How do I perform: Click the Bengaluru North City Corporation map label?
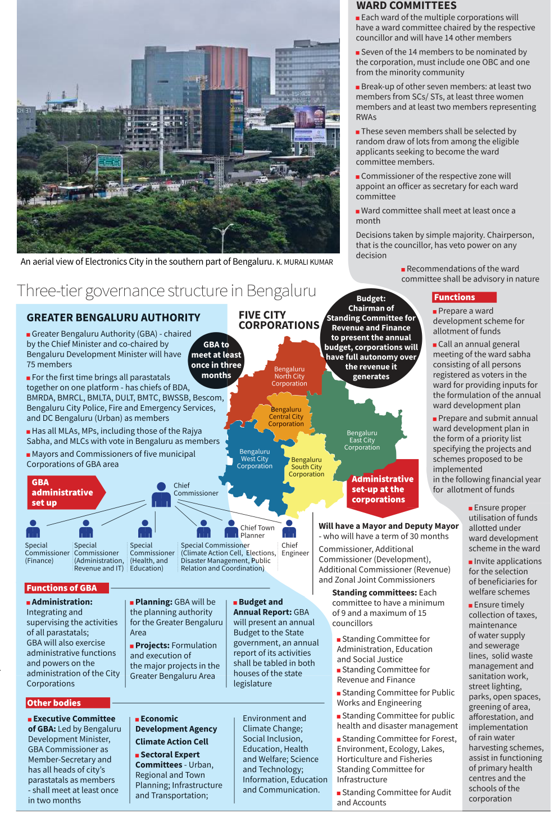coord(289,376)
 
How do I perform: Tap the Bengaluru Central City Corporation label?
coord(286,417)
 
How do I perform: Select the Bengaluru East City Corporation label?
coord(362,441)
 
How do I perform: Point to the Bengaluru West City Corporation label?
coord(254,459)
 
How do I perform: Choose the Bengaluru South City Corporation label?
coord(306,467)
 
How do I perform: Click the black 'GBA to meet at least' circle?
coord(216,360)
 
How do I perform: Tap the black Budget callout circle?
coord(371,338)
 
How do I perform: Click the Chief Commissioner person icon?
coord(161,495)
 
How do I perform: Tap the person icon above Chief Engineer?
coord(289,528)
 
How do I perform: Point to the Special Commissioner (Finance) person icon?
coord(33,529)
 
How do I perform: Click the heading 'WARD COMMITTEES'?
coord(406,6)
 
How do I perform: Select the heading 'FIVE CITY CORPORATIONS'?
coord(279,320)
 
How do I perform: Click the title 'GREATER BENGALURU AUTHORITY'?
coord(113,317)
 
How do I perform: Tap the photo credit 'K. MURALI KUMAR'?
coord(305,262)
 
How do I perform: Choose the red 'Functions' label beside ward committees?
coord(464,297)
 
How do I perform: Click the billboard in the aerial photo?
coord(308,119)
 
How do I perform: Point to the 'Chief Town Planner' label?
coord(257,532)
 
